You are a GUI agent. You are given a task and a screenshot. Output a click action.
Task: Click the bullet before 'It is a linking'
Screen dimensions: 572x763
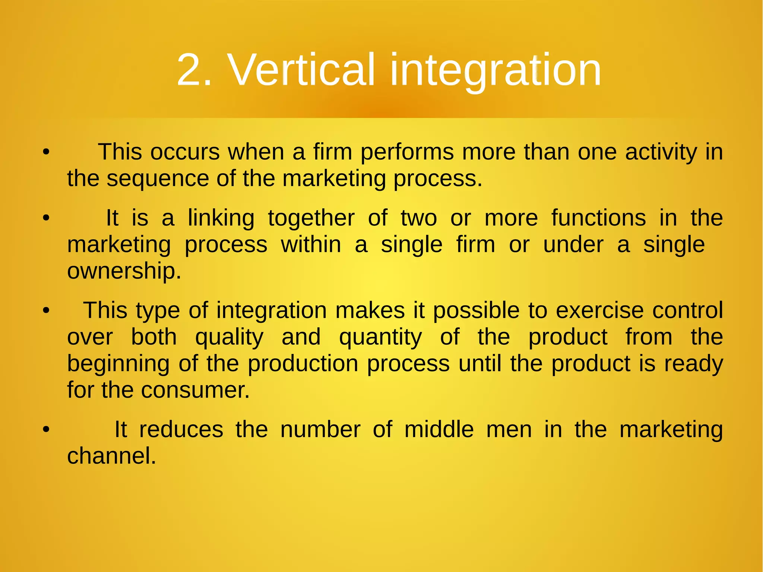point(46,218)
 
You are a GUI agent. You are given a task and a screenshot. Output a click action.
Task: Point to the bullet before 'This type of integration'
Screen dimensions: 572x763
point(46,310)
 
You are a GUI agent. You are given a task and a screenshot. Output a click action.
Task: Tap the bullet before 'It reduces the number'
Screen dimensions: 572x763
point(46,429)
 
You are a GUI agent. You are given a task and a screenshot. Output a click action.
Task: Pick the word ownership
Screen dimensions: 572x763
point(124,271)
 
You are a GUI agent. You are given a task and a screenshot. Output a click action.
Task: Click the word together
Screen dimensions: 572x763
point(311,218)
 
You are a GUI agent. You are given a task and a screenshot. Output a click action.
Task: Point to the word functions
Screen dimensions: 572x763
point(598,218)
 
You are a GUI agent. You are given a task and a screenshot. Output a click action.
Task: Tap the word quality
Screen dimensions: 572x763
point(229,337)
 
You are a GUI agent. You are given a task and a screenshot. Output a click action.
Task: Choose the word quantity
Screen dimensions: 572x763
point(380,337)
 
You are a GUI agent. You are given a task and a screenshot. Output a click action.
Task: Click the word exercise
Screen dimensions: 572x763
point(599,310)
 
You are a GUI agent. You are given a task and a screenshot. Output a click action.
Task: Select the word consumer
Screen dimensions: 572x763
point(195,390)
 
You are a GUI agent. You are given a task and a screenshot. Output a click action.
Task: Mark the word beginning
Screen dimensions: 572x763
point(118,364)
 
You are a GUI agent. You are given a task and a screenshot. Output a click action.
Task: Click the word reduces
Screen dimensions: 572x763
point(181,429)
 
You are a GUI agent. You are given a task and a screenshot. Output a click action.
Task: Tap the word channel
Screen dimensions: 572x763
point(111,456)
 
